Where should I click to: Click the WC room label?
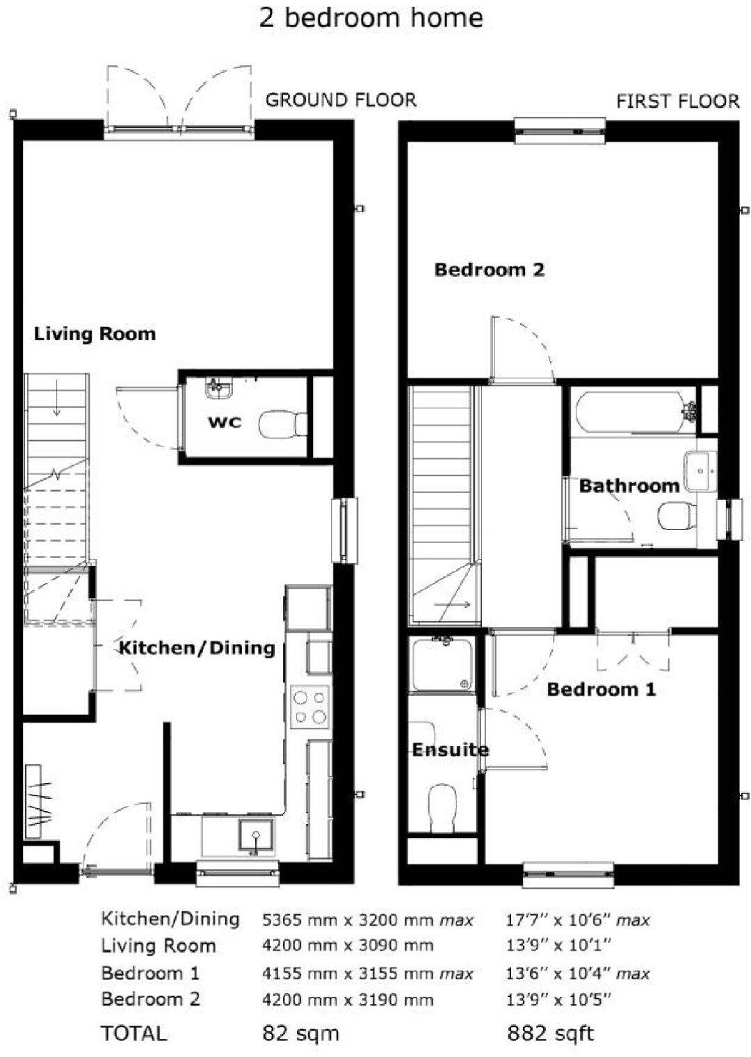coord(225,421)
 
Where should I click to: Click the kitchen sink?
coord(255,835)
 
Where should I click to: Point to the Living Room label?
coord(95,334)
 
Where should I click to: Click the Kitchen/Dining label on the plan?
coord(197,648)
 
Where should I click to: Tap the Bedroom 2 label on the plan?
coord(489,269)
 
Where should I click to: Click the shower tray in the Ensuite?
coord(442,666)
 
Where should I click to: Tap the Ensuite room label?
coord(450,750)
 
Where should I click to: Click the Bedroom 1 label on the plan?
coord(601,689)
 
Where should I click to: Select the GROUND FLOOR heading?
coord(341,100)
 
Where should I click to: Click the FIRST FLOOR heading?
coord(677,102)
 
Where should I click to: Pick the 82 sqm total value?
coord(300,1033)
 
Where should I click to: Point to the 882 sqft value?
coord(551,1033)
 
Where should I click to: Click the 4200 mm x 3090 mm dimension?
coord(348,946)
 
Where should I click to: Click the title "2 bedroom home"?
coord(371,18)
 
